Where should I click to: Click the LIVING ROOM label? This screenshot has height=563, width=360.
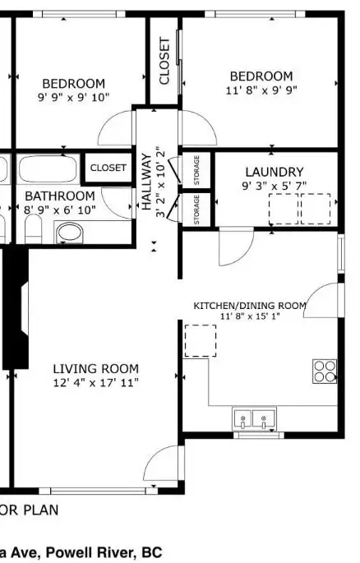pos(96,369)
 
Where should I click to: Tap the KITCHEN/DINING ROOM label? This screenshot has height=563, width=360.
pos(250,306)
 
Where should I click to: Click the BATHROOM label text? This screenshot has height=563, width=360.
pos(60,196)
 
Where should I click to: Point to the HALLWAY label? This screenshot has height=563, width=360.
pos(146,182)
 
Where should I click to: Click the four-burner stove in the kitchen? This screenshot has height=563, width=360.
pos(325,371)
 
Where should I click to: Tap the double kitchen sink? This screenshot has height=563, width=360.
pos(254,418)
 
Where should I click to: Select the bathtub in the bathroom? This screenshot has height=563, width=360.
pos(48,168)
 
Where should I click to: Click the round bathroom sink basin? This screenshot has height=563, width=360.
pos(70,233)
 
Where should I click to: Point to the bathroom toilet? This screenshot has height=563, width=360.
pos(34,228)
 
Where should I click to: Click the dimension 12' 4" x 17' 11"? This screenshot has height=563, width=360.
pos(96,383)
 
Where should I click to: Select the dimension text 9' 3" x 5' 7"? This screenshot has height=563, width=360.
pos(275,186)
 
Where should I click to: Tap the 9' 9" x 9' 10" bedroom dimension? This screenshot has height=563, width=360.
pos(74,97)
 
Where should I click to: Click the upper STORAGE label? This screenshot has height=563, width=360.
pos(196,170)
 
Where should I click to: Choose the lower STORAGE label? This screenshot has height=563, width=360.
pos(196,210)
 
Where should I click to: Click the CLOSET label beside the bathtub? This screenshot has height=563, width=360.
pos(108,168)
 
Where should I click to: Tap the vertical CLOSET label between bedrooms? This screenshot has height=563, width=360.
pos(164,61)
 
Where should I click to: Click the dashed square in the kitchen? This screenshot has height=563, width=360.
pos(201,341)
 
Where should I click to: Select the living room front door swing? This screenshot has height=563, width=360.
pos(164,464)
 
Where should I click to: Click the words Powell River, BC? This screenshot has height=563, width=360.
pos(104,551)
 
